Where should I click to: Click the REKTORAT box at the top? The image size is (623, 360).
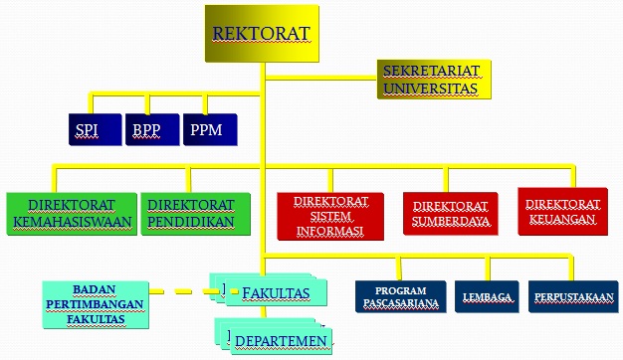click(262, 33)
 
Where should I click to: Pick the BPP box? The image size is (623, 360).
click(151, 130)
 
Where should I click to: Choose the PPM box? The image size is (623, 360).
click(210, 130)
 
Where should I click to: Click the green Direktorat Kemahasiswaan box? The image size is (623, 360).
click(70, 212)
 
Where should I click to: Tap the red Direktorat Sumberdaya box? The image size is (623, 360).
click(451, 213)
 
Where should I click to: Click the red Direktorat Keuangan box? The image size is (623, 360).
click(562, 210)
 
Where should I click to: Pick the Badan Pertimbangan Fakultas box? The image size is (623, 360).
click(93, 303)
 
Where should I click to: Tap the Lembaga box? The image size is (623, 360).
click(487, 297)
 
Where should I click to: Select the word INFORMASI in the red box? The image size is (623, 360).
click(330, 231)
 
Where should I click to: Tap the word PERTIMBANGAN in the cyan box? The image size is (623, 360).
click(93, 303)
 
